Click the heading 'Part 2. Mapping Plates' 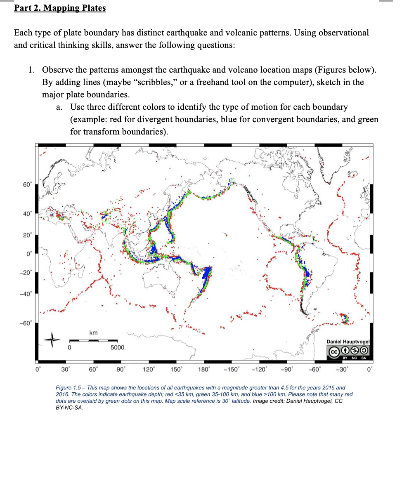coord(60,8)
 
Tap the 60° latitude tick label coord(26,184)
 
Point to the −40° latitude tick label coord(26,294)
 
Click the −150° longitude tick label coord(231,369)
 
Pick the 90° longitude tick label coord(121,369)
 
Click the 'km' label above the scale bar coord(93,333)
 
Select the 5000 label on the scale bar coord(117,347)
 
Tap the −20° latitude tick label coord(26,272)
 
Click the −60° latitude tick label coord(26,323)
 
